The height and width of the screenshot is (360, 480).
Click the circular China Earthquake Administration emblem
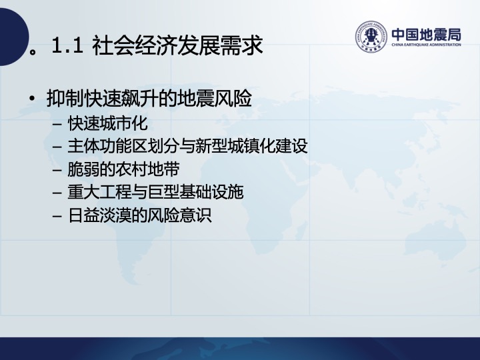[x=371, y=37]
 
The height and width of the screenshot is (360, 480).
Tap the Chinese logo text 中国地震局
[x=426, y=35]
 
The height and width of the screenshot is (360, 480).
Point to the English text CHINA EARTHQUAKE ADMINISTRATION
[x=426, y=45]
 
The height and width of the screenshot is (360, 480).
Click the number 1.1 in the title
[x=67, y=45]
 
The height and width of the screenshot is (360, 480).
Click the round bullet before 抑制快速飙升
[x=31, y=98]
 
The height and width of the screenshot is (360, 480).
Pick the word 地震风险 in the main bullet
[x=215, y=98]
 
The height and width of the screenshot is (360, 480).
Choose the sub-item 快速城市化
[x=108, y=123]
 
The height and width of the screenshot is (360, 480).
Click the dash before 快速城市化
[x=57, y=124]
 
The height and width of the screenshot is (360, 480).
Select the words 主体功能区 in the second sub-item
[x=107, y=146]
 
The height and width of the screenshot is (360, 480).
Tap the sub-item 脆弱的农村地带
[x=123, y=169]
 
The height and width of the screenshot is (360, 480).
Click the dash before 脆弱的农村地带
[x=57, y=170]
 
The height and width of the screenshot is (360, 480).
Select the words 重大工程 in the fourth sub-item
[x=99, y=192]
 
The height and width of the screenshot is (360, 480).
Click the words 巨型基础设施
[x=195, y=192]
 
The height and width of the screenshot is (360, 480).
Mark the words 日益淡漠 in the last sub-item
[x=99, y=215]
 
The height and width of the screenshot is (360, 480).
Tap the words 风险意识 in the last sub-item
[x=179, y=215]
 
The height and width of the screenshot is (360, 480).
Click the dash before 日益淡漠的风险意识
[x=57, y=216]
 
